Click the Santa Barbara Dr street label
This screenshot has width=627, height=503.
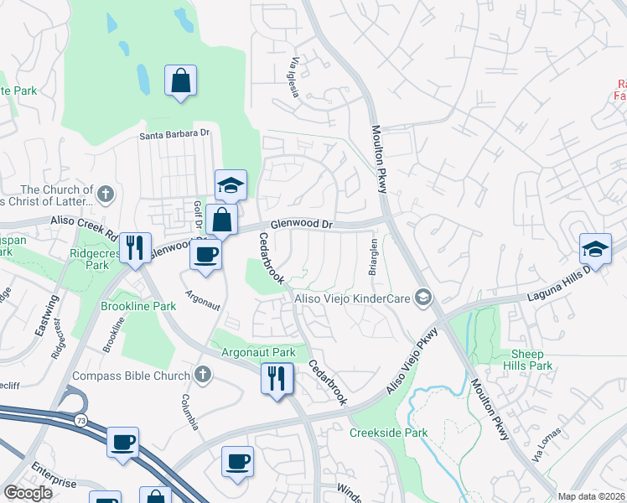[x=174, y=133]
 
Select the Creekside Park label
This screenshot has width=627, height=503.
[x=388, y=433]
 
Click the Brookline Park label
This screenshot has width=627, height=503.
[x=139, y=306]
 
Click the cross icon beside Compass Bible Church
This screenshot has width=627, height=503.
[x=201, y=376]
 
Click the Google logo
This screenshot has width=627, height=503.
[x=28, y=493]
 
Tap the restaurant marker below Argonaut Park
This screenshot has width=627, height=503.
[x=277, y=378]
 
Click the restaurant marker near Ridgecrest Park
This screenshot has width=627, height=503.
[x=134, y=247]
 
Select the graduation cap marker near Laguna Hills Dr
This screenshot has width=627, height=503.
[x=595, y=248]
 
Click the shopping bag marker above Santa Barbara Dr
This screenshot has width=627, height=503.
[x=180, y=81]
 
